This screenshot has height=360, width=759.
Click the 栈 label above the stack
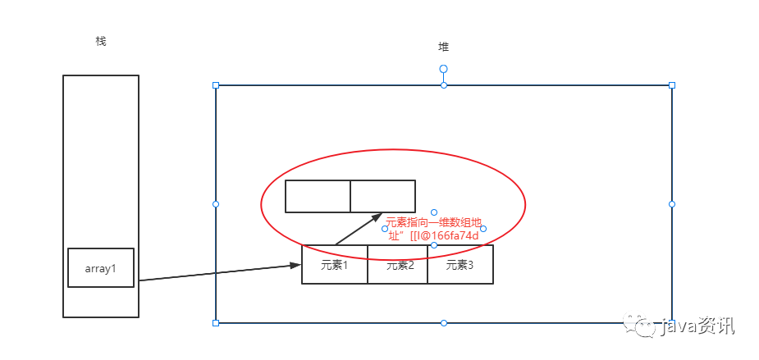tap(101, 41)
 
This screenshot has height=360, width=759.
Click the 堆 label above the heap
tap(443, 47)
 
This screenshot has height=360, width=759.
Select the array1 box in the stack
tap(101, 268)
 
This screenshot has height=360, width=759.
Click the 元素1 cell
tap(335, 265)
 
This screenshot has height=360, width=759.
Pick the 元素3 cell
tap(460, 265)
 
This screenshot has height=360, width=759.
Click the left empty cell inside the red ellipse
tap(318, 196)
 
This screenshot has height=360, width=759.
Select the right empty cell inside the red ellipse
tap(382, 196)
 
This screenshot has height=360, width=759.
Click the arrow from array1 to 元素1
tap(217, 273)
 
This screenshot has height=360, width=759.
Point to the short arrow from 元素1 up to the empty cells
tap(359, 229)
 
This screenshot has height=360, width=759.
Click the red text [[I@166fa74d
tap(433, 235)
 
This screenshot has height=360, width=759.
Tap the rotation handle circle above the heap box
tap(443, 69)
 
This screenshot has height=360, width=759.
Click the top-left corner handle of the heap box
tap(216, 85)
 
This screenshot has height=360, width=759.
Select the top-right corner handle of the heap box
tap(671, 85)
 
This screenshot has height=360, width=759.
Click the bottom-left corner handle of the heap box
tap(216, 323)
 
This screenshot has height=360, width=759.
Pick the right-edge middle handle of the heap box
tap(671, 203)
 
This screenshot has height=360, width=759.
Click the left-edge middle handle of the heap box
tap(216, 203)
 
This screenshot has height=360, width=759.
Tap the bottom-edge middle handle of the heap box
tap(443, 323)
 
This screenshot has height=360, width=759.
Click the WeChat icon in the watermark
tap(642, 327)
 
